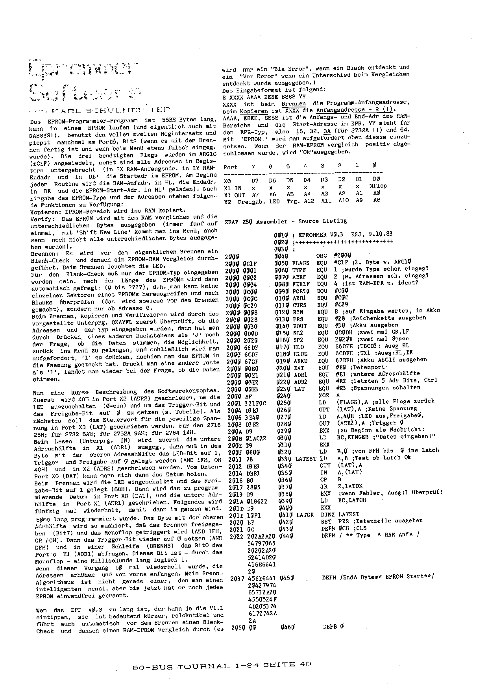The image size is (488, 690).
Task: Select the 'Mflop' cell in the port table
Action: [378, 186]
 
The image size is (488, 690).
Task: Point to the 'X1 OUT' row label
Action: [234, 195]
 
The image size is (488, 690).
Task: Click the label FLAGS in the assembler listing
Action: [301, 263]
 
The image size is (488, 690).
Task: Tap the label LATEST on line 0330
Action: [305, 459]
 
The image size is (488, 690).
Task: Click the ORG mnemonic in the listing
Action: [322, 256]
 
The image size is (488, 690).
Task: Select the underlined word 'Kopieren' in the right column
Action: [254, 111]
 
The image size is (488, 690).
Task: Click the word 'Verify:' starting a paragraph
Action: [41, 218]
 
